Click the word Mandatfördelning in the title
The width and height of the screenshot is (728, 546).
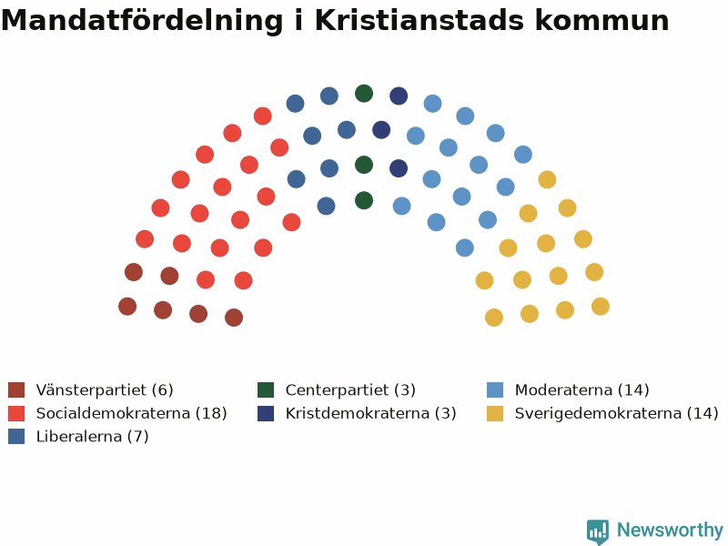[142, 21]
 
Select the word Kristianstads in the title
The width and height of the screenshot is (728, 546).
[420, 20]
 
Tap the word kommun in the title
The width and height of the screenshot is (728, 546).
[602, 21]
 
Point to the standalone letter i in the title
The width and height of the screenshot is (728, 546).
[299, 20]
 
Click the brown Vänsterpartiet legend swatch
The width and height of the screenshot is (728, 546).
[16, 390]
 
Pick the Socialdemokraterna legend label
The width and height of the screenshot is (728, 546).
[113, 413]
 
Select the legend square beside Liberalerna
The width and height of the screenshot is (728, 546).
[16, 437]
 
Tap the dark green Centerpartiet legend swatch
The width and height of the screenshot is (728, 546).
[266, 390]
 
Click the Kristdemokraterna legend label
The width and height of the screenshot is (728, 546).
[357, 413]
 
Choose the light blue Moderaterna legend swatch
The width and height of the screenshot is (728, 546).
[495, 390]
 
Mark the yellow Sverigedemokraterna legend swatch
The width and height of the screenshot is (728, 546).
[495, 413]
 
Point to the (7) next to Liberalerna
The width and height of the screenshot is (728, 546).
[138, 437]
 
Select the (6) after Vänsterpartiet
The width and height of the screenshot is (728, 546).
[163, 390]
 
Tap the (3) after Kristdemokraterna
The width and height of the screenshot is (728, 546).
[446, 413]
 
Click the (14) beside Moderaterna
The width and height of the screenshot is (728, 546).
[633, 390]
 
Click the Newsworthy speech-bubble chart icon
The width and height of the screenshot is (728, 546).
[598, 531]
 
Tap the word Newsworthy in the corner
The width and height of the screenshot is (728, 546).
[670, 530]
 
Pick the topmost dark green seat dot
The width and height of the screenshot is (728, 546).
[364, 94]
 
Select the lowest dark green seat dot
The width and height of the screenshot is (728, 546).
[364, 200]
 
